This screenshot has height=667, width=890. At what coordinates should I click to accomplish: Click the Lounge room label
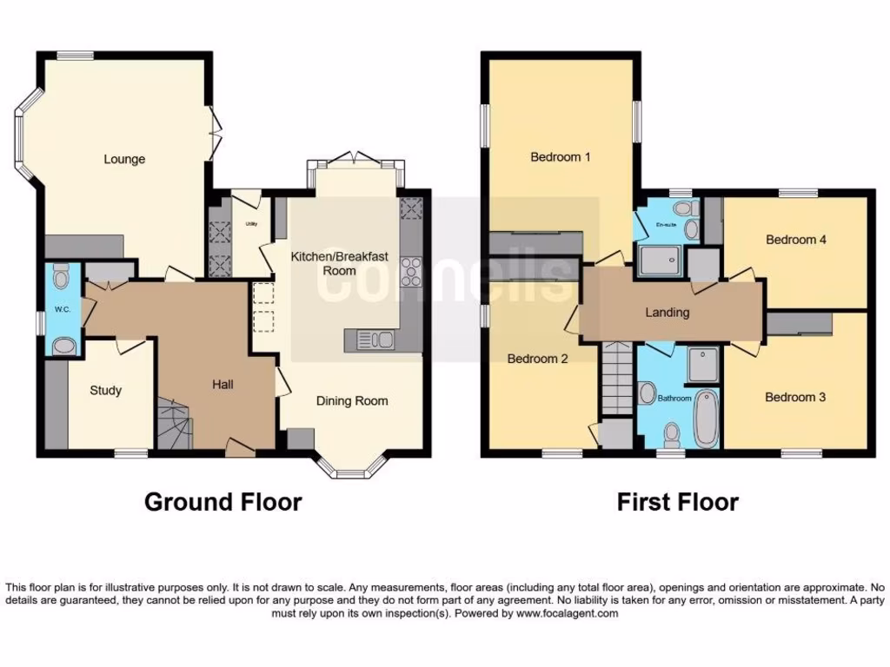(x=124, y=159)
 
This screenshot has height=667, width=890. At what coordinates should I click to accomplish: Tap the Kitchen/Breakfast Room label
(x=339, y=263)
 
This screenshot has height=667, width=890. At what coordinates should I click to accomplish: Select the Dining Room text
(x=352, y=400)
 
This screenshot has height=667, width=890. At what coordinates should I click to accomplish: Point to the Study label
(x=106, y=390)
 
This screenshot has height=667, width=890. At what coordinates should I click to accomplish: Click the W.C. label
(x=62, y=309)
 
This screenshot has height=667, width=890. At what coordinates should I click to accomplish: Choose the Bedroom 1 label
(x=561, y=157)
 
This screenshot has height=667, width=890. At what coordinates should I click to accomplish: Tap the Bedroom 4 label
(x=795, y=240)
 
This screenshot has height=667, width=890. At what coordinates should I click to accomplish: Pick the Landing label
(x=667, y=313)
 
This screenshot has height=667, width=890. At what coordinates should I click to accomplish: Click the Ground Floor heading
(x=223, y=502)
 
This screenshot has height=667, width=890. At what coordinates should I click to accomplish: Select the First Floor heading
(x=678, y=502)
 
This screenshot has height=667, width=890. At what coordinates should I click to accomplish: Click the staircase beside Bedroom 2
(x=616, y=379)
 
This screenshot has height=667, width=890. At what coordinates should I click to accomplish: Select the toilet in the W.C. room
(x=61, y=278)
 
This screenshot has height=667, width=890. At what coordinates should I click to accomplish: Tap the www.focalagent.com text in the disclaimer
(x=566, y=613)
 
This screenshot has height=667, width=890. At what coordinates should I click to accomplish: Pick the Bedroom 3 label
(x=795, y=397)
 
